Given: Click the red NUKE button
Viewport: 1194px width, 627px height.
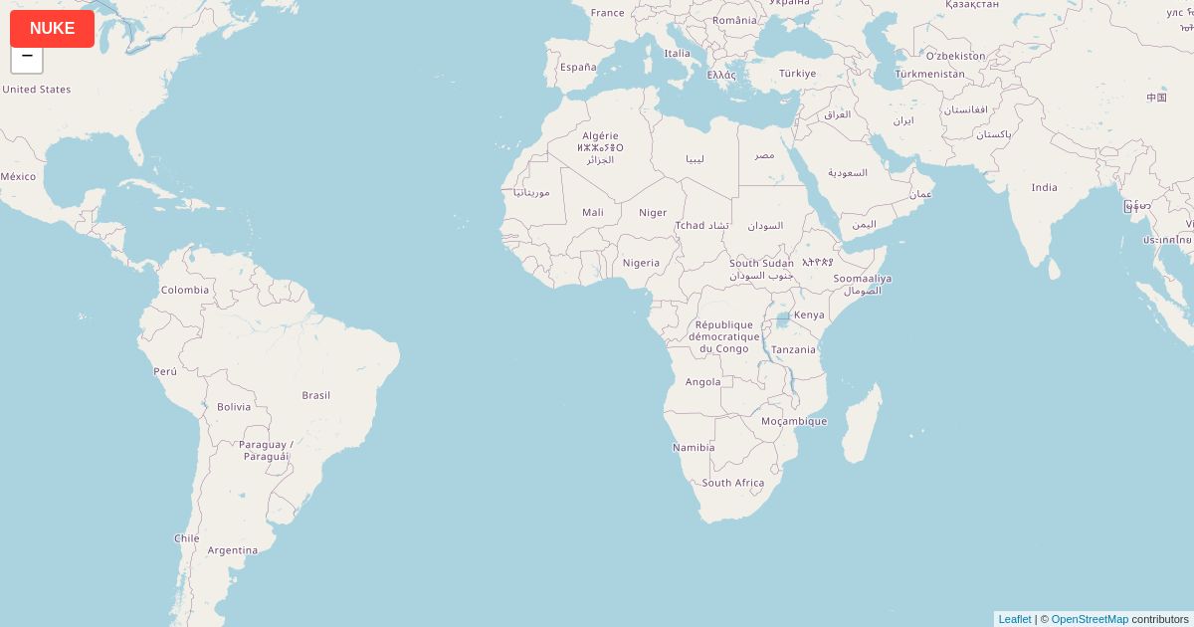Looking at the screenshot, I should coord(52,29).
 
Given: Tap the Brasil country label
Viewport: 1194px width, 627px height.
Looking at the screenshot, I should coord(316,395).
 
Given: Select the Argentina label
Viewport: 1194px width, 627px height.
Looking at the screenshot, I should coord(233,550).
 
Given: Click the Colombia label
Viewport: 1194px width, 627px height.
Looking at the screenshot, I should coord(185,291).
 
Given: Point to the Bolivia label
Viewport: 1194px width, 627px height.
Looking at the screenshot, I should coord(234,407).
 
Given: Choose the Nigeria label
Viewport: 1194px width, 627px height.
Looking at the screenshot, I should coord(641,263).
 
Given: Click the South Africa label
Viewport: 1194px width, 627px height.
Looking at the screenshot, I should coord(733,483).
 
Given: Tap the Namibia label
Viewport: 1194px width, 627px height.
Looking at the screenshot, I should coord(694,448).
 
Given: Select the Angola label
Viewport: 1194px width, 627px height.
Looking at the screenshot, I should coord(703,382).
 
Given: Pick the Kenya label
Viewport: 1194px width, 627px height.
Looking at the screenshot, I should coord(809,314).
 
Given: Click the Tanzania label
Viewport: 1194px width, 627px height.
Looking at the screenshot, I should coord(793,349).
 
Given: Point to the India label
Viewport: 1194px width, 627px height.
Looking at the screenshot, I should coord(1044,187).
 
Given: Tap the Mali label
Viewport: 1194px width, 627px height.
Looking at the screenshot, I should coord(593,212).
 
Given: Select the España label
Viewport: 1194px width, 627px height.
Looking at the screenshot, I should coord(578,68).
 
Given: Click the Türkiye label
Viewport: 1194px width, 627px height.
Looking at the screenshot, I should coord(797,74).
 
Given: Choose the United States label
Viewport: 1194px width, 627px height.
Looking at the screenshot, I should coord(37,90).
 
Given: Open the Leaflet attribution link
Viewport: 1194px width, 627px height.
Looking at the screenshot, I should coord(1014,619).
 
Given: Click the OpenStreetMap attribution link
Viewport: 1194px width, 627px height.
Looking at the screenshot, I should coord(1090,619).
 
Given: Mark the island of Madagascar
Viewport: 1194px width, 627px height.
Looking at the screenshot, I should coord(862,423).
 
